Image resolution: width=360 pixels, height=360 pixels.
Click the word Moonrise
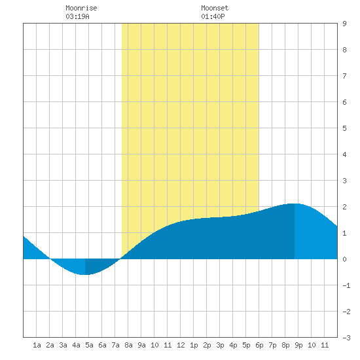[81, 8]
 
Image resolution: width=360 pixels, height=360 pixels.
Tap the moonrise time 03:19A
[77, 16]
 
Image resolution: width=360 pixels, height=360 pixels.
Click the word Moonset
[215, 8]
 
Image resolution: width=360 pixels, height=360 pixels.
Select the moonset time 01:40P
[213, 16]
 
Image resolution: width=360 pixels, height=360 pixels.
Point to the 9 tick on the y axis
[344, 24]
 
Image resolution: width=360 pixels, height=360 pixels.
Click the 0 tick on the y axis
[344, 259]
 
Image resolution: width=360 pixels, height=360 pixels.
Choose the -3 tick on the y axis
[346, 338]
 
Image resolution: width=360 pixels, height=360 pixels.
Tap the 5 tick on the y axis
[344, 128]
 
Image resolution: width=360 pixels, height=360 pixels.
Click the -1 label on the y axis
[346, 285]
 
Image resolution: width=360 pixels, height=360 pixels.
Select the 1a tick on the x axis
[37, 345]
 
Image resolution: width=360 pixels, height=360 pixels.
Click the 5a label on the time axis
[89, 345]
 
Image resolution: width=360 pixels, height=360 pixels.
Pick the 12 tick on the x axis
[181, 345]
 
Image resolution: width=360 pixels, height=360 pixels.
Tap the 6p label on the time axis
[259, 345]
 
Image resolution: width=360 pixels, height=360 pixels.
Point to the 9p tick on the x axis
[298, 345]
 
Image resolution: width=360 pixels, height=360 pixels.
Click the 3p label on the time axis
[220, 345]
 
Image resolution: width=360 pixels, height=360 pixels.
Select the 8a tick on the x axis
[128, 345]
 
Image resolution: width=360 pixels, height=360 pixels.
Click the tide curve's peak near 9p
[295, 204]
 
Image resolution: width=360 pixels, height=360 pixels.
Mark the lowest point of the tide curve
[85, 275]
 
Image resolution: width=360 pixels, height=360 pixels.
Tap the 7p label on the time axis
[272, 345]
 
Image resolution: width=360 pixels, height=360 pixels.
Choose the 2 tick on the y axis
[344, 207]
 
